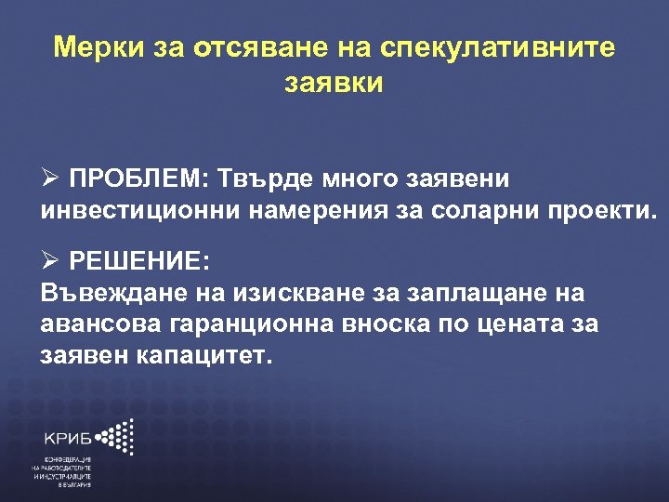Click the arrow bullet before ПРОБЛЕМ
[x=52, y=178]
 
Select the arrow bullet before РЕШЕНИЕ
[x=52, y=260]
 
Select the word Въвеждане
[x=108, y=294]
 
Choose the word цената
[x=524, y=324]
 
